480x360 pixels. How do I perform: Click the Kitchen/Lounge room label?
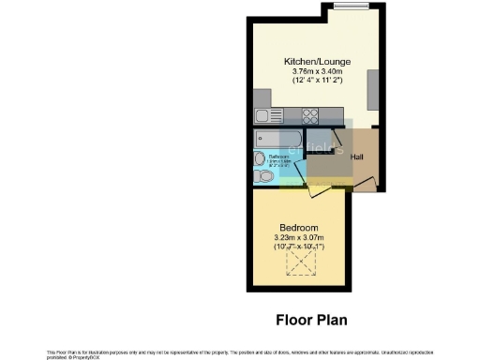tap(317, 62)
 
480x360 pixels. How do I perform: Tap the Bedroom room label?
tap(299, 228)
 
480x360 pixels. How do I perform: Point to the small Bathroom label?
tap(278, 156)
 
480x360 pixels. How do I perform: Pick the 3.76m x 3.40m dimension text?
tap(317, 72)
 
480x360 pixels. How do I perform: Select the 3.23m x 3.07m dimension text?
tap(299, 238)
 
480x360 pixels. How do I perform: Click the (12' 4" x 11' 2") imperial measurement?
tap(317, 82)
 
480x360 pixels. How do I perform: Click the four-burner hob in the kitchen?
tap(310, 116)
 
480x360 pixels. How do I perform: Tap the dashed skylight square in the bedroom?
tap(301, 265)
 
